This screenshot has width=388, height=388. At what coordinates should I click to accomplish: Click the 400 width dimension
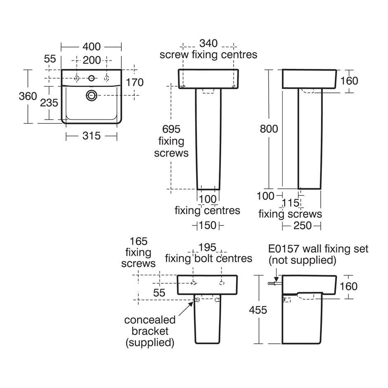92,47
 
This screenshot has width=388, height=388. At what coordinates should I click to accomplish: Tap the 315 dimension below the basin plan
92,136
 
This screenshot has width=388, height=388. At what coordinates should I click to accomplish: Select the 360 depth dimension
28,96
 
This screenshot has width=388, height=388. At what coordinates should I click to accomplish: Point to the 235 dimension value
49,103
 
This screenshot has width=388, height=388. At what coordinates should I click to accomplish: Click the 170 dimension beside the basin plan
135,83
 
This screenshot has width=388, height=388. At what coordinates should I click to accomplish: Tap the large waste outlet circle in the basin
92,95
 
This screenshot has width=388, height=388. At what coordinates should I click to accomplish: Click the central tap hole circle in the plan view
92,78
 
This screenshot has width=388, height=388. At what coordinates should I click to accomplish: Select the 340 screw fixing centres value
208,43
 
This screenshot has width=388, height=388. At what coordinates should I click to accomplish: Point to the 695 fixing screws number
171,129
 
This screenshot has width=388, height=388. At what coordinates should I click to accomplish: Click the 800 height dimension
269,129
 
